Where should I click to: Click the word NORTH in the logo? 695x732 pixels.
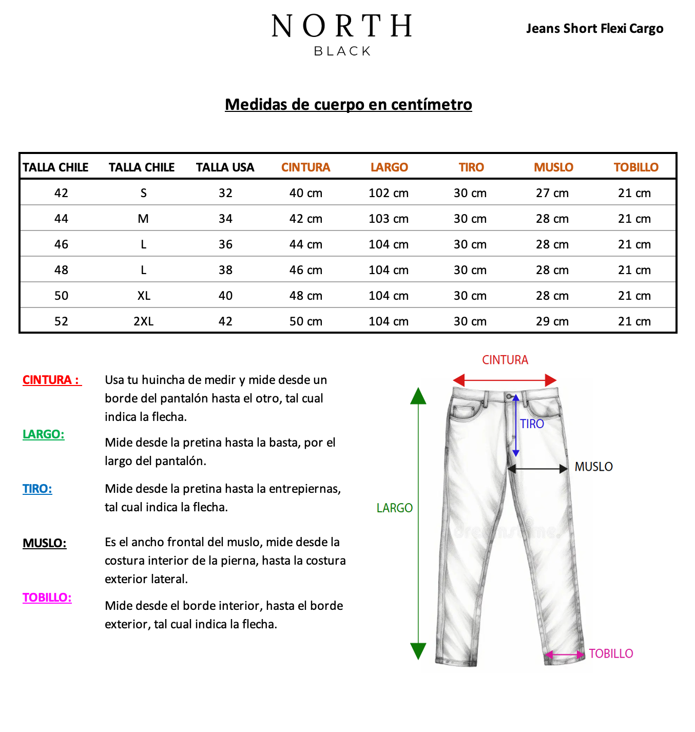click(x=342, y=26)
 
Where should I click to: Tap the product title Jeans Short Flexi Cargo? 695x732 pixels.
click(x=594, y=28)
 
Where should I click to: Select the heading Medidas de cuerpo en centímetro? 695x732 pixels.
click(x=348, y=104)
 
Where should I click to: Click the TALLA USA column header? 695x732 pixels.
click(x=225, y=167)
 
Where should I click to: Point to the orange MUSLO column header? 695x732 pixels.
click(x=553, y=167)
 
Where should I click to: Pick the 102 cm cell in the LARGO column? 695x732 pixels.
click(x=389, y=193)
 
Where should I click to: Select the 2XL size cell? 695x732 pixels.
click(x=143, y=321)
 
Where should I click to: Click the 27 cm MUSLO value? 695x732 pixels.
click(x=552, y=193)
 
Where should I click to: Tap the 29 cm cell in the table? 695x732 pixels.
click(x=552, y=321)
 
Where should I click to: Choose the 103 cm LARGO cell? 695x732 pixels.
click(x=389, y=219)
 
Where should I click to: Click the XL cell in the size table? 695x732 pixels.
click(x=144, y=296)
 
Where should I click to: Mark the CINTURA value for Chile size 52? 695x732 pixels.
click(x=306, y=321)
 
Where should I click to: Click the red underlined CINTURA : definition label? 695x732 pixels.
click(x=51, y=380)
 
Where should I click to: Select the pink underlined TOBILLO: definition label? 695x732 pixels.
click(x=47, y=598)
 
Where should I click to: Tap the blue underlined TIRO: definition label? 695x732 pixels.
click(x=37, y=489)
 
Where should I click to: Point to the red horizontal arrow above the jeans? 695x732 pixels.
click(x=505, y=380)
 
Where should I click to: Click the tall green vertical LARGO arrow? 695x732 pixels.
click(x=418, y=524)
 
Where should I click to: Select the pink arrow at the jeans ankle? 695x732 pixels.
click(x=565, y=654)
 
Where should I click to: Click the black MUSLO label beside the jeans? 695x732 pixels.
click(x=593, y=467)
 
